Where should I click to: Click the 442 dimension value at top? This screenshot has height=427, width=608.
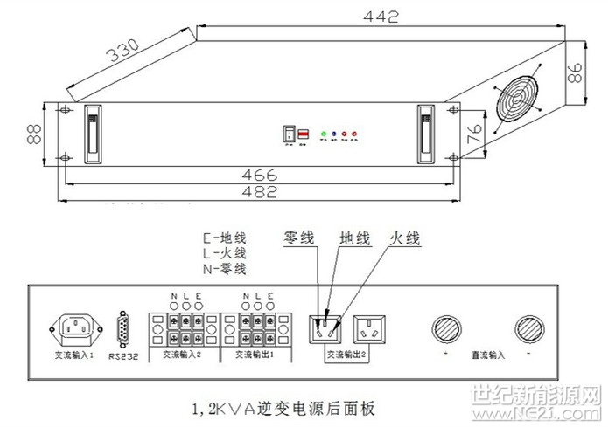(381, 17)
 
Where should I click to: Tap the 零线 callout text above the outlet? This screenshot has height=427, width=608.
(301, 237)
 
